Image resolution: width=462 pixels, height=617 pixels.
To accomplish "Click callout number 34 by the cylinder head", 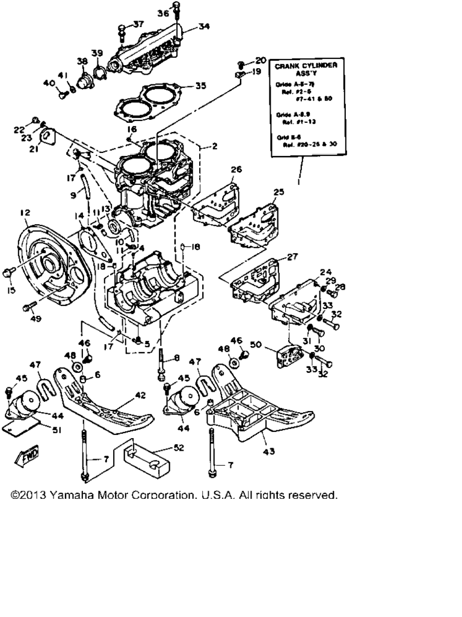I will pyautogui.click(x=205, y=27).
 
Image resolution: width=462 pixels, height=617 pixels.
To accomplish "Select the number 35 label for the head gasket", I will pyautogui.click(x=200, y=86).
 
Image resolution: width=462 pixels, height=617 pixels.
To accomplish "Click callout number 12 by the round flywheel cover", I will pyautogui.click(x=25, y=212).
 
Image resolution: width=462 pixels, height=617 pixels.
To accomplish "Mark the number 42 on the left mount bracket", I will pyautogui.click(x=140, y=395).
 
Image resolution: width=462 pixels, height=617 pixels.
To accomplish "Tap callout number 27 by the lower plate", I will pyautogui.click(x=292, y=257).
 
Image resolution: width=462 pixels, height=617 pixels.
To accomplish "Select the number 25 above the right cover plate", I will pyautogui.click(x=278, y=192).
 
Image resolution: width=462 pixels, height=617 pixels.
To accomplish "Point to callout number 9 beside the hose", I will pyautogui.click(x=73, y=196).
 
